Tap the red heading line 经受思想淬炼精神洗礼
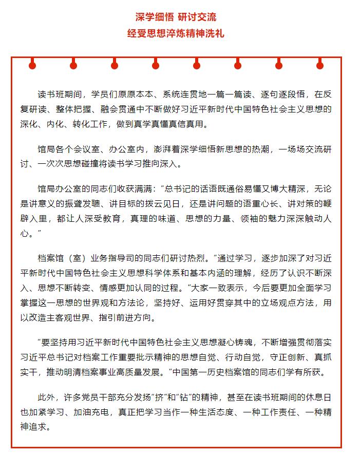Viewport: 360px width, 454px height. [176, 33]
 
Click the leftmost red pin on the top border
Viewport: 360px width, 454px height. [32, 65]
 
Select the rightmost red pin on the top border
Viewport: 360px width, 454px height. [320, 65]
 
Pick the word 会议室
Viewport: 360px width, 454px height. [87, 150]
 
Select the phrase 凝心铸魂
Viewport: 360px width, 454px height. [242, 343]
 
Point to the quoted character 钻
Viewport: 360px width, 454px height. [203, 398]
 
